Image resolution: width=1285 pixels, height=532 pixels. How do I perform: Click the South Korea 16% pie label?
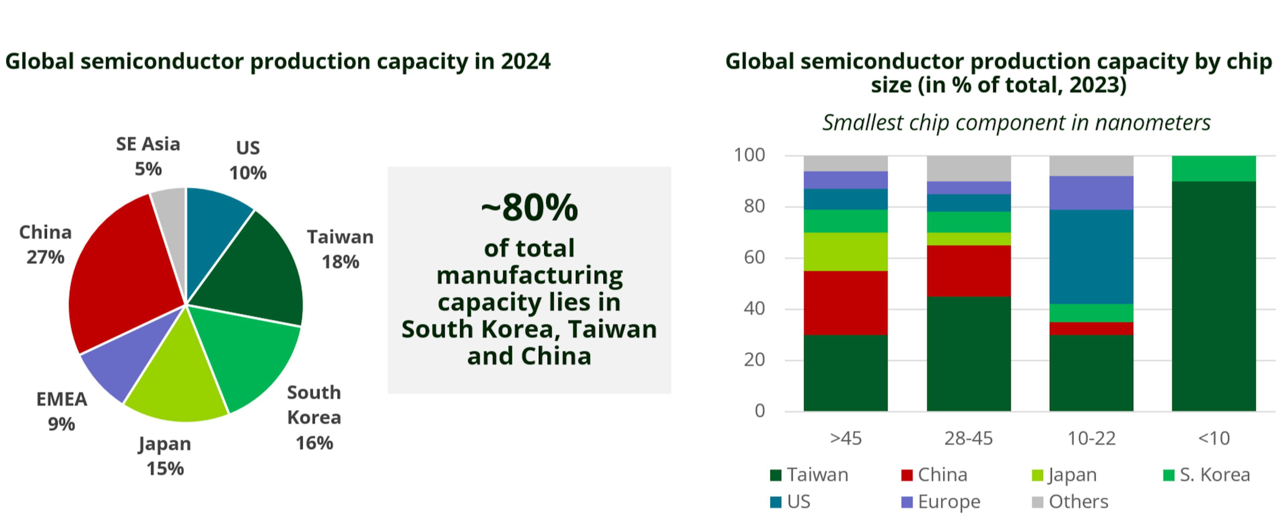click(x=314, y=417)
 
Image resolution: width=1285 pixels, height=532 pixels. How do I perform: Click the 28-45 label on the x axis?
click(x=968, y=438)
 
